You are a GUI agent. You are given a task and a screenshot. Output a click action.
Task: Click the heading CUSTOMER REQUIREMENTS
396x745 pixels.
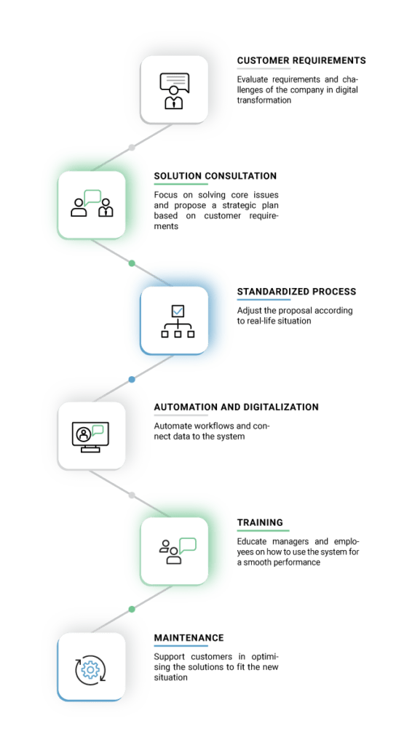(x=301, y=60)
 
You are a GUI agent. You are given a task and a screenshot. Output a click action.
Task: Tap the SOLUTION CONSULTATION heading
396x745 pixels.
(x=215, y=175)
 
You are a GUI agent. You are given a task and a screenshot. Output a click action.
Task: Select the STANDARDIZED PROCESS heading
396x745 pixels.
(x=296, y=291)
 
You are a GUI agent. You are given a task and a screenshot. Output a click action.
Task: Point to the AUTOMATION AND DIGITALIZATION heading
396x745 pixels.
(x=236, y=407)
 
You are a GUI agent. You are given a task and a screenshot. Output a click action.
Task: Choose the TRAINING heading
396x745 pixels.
(x=260, y=522)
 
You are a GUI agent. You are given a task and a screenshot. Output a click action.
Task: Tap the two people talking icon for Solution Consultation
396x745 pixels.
(x=92, y=204)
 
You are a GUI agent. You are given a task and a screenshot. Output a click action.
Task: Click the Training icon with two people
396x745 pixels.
(x=176, y=551)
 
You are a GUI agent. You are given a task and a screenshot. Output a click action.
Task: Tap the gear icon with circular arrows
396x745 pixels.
(x=91, y=668)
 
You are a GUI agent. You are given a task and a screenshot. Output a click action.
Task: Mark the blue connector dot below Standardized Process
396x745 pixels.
(x=131, y=380)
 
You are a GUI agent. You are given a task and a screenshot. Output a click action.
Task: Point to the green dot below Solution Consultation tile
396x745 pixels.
(x=132, y=263)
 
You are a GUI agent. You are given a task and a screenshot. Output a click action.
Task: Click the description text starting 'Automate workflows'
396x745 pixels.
(x=212, y=431)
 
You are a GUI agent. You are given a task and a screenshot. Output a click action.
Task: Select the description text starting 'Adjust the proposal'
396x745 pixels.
(x=295, y=316)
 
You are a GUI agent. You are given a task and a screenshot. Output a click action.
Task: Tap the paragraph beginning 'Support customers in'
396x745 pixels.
(x=215, y=666)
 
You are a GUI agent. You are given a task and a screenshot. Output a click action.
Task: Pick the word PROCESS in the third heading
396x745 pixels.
(x=332, y=291)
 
